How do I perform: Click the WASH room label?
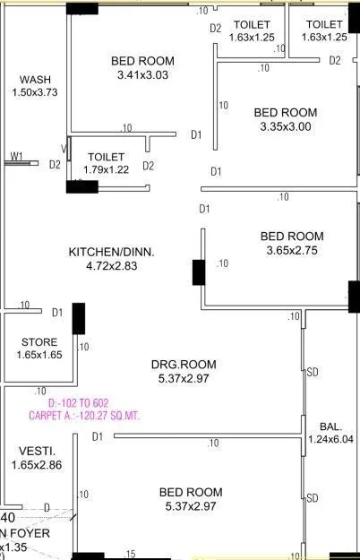(35, 79)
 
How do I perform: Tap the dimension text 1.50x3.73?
(35, 91)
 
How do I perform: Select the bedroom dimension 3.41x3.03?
(142, 75)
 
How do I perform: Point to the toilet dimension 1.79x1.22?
(106, 169)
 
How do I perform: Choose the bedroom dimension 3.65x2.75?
(292, 251)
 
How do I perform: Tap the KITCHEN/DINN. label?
(112, 253)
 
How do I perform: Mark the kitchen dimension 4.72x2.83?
(112, 266)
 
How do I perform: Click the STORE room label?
(39, 342)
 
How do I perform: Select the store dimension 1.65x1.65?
(39, 355)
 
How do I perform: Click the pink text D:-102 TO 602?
(83, 402)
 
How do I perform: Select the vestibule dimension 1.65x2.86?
(37, 465)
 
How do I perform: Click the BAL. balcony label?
(330, 426)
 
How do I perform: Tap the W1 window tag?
(16, 157)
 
